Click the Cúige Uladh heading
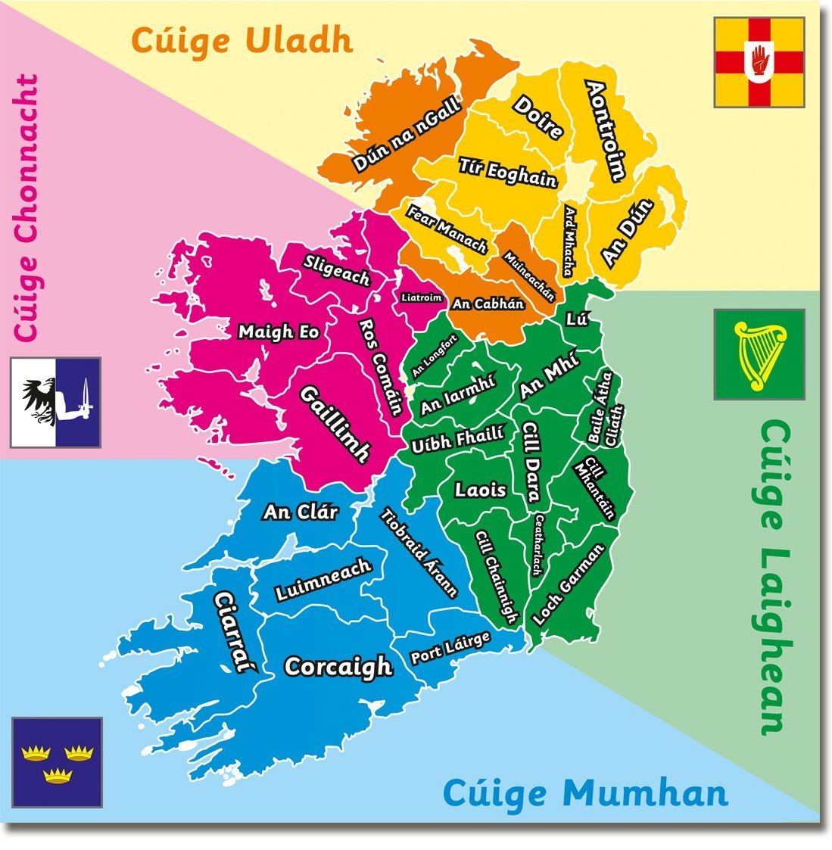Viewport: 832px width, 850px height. pos(242,40)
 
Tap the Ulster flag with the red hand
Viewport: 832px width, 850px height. pos(759,63)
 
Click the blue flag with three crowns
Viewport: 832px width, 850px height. pos(57,761)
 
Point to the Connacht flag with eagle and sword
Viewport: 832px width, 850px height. pos(55,403)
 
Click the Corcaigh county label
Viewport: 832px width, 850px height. pos(338,667)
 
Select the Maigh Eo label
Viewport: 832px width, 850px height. pos(278,332)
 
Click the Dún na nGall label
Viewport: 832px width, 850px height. pos(406,136)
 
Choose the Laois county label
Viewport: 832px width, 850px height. pos(480,490)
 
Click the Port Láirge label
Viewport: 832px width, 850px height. pos(450,649)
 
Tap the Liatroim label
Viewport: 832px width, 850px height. pos(421,297)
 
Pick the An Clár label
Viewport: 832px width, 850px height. pos(300,512)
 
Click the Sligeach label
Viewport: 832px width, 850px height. pos(336,270)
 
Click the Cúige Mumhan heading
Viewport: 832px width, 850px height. pos(584,793)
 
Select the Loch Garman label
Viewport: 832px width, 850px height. pos(569,584)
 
